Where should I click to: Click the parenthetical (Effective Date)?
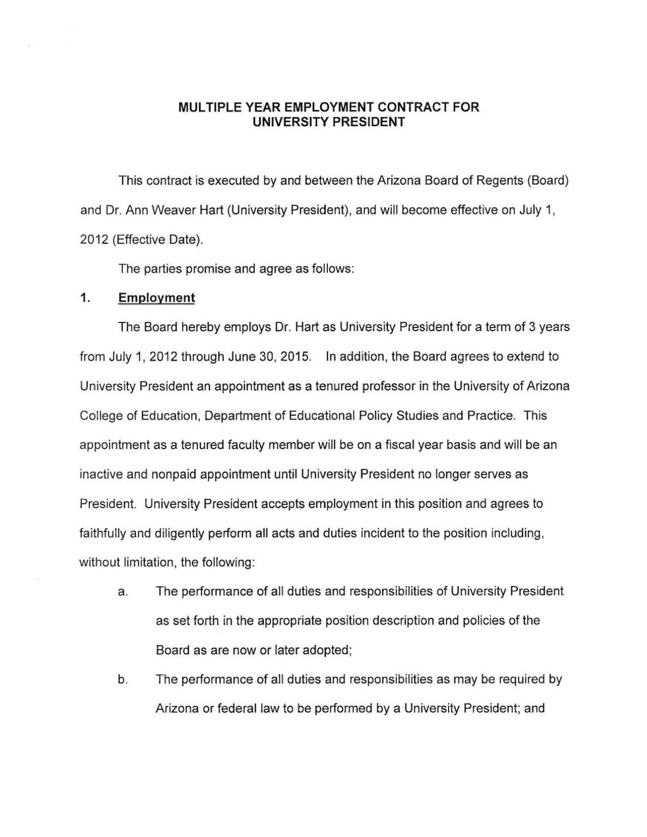tap(158, 240)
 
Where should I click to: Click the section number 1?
tap(84, 298)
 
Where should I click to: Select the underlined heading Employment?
tap(156, 298)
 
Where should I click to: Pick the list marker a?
tap(122, 592)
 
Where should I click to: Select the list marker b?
tap(122, 680)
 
